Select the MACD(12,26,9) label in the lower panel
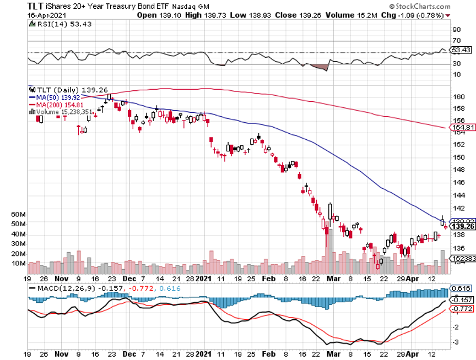[x=62, y=288]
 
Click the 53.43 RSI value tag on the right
[x=462, y=50]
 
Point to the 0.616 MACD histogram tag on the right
[x=461, y=288]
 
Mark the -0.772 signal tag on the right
[x=461, y=309]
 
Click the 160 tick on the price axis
[x=458, y=97]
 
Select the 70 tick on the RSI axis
[x=456, y=41]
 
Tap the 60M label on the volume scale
[x=34, y=214]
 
